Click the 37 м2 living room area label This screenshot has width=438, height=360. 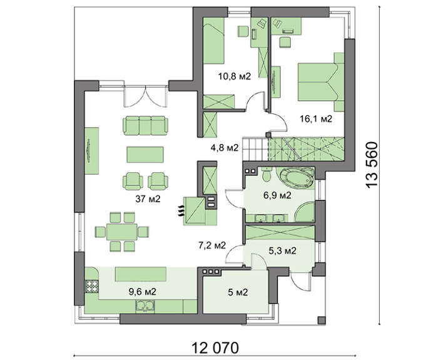[148, 199]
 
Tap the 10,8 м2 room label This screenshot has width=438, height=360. [235, 76]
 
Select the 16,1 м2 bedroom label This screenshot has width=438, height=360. [316, 119]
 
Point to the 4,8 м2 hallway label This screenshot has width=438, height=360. [225, 147]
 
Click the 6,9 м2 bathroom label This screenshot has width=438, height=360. [277, 195]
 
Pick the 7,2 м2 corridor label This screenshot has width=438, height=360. [211, 245]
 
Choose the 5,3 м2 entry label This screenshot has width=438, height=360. [282, 251]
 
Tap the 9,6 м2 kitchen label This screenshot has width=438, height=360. [142, 292]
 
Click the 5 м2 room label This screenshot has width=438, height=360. [238, 292]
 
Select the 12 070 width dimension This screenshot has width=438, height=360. [215, 348]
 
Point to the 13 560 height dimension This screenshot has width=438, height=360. [373, 165]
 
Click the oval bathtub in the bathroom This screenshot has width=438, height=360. [297, 177]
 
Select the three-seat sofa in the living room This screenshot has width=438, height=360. [146, 125]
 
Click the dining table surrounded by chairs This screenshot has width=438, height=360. [122, 232]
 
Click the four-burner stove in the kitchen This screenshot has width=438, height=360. [91, 286]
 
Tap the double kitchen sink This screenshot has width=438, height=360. [145, 306]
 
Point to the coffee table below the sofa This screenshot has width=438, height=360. [145, 155]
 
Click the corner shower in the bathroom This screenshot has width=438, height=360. [305, 213]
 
